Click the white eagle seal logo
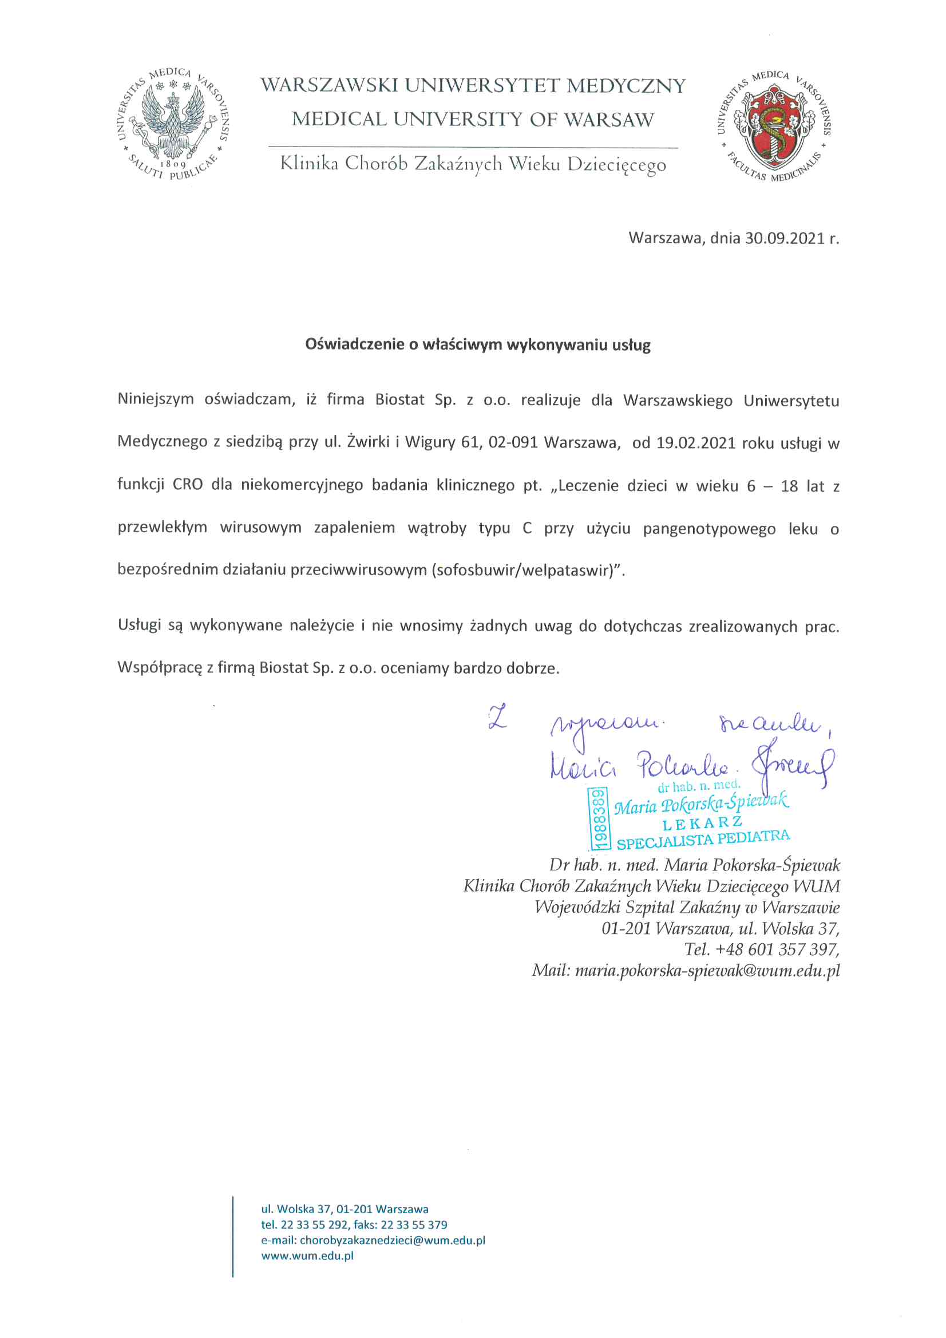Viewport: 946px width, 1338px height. [172, 124]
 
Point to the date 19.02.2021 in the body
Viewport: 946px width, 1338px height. [696, 443]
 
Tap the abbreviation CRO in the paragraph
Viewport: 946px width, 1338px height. [188, 485]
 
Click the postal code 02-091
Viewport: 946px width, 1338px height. [512, 443]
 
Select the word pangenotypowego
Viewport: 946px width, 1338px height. [709, 529]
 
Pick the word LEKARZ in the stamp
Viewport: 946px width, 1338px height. [702, 824]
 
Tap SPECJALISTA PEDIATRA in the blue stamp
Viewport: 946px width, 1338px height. [703, 840]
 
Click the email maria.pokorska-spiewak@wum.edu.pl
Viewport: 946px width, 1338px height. [707, 971]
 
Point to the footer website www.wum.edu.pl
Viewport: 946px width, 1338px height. [307, 1255]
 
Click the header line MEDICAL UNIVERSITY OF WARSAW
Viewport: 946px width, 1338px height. [473, 120]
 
